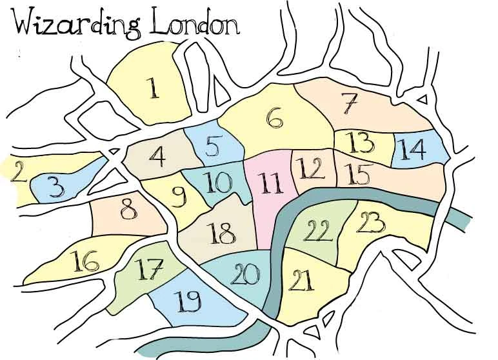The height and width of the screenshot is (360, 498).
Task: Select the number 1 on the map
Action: [153, 88]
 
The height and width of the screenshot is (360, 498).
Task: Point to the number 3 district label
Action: [57, 188]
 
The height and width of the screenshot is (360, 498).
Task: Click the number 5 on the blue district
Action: [213, 147]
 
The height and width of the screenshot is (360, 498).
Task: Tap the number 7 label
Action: [349, 103]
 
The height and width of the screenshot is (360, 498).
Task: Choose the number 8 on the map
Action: [130, 210]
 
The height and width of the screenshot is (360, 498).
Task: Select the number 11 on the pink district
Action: [269, 183]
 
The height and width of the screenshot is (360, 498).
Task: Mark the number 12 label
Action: [310, 168]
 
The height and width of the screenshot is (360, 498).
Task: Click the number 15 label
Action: [358, 173]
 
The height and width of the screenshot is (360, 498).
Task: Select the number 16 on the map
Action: [86, 261]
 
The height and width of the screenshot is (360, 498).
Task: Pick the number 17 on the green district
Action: [150, 269]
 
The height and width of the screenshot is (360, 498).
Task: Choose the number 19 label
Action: [186, 301]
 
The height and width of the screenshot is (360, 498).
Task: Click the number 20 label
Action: [246, 275]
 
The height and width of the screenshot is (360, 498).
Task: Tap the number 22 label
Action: [317, 229]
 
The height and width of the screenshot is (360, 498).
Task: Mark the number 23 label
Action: [371, 223]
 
